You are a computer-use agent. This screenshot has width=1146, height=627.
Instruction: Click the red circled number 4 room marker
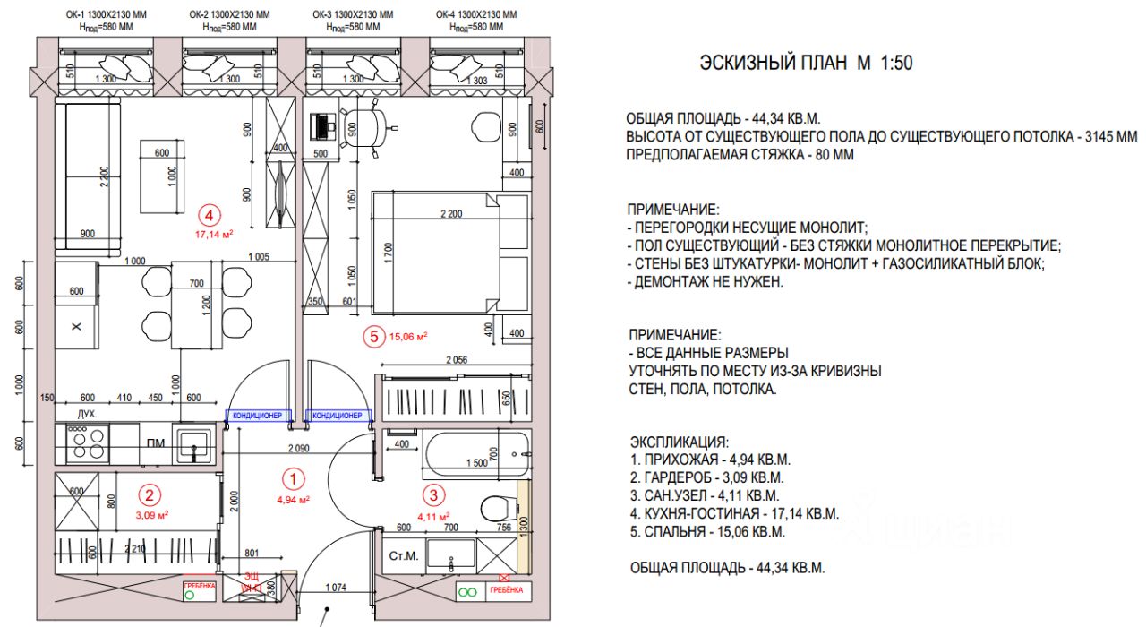(209, 215)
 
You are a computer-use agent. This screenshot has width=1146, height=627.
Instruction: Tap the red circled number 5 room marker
(373, 337)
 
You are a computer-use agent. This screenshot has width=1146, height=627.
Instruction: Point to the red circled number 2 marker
(151, 494)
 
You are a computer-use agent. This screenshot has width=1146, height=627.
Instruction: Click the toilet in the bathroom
(496, 508)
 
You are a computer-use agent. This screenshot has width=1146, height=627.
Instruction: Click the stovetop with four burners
(83, 442)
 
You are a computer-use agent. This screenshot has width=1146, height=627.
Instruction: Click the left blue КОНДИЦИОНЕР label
(258, 416)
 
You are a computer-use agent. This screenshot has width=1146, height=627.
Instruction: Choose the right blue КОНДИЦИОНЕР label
(336, 416)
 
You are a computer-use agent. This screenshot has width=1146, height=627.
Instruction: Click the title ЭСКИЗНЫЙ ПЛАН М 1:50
(805, 64)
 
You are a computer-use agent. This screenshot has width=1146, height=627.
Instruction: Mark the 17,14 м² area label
(214, 234)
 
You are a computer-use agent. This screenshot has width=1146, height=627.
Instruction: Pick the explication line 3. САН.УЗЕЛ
(706, 495)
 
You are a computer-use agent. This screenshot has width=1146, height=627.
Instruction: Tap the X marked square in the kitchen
(76, 328)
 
